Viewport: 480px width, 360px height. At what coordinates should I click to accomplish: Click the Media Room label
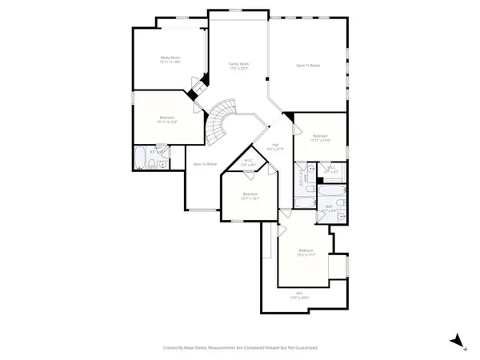tap(169, 58)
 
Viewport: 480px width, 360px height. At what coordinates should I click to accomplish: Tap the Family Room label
tap(239, 65)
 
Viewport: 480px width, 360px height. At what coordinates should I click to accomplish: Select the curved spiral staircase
tap(219, 120)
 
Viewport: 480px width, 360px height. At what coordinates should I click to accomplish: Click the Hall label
tap(274, 146)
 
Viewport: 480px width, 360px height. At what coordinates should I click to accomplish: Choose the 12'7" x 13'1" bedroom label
tap(250, 195)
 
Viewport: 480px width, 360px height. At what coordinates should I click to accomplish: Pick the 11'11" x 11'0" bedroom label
tap(321, 138)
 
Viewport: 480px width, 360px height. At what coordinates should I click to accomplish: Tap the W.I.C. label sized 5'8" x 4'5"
tap(248, 162)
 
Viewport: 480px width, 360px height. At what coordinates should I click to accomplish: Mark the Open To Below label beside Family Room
tap(308, 66)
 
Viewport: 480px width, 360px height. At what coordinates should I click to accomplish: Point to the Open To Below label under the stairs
tap(205, 164)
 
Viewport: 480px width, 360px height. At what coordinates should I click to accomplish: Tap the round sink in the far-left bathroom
tap(162, 164)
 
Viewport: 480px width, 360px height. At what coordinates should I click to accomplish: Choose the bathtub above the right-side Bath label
tap(331, 193)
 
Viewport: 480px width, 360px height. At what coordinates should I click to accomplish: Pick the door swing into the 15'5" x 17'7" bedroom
tap(282, 230)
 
